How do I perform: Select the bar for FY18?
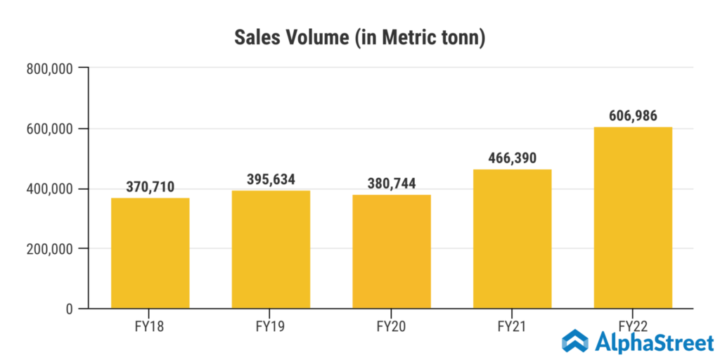(150, 253)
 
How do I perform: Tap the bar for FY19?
(271, 250)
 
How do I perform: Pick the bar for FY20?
(392, 252)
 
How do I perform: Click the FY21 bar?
(512, 239)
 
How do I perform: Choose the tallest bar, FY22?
(633, 218)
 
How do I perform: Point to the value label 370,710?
(150, 187)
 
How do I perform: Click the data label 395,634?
(271, 179)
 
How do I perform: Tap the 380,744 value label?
(392, 184)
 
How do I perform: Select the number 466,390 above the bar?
(512, 158)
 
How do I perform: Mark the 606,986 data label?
(633, 116)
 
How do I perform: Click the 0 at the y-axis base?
(68, 309)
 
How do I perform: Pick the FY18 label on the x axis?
(150, 327)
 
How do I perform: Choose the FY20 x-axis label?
(392, 327)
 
